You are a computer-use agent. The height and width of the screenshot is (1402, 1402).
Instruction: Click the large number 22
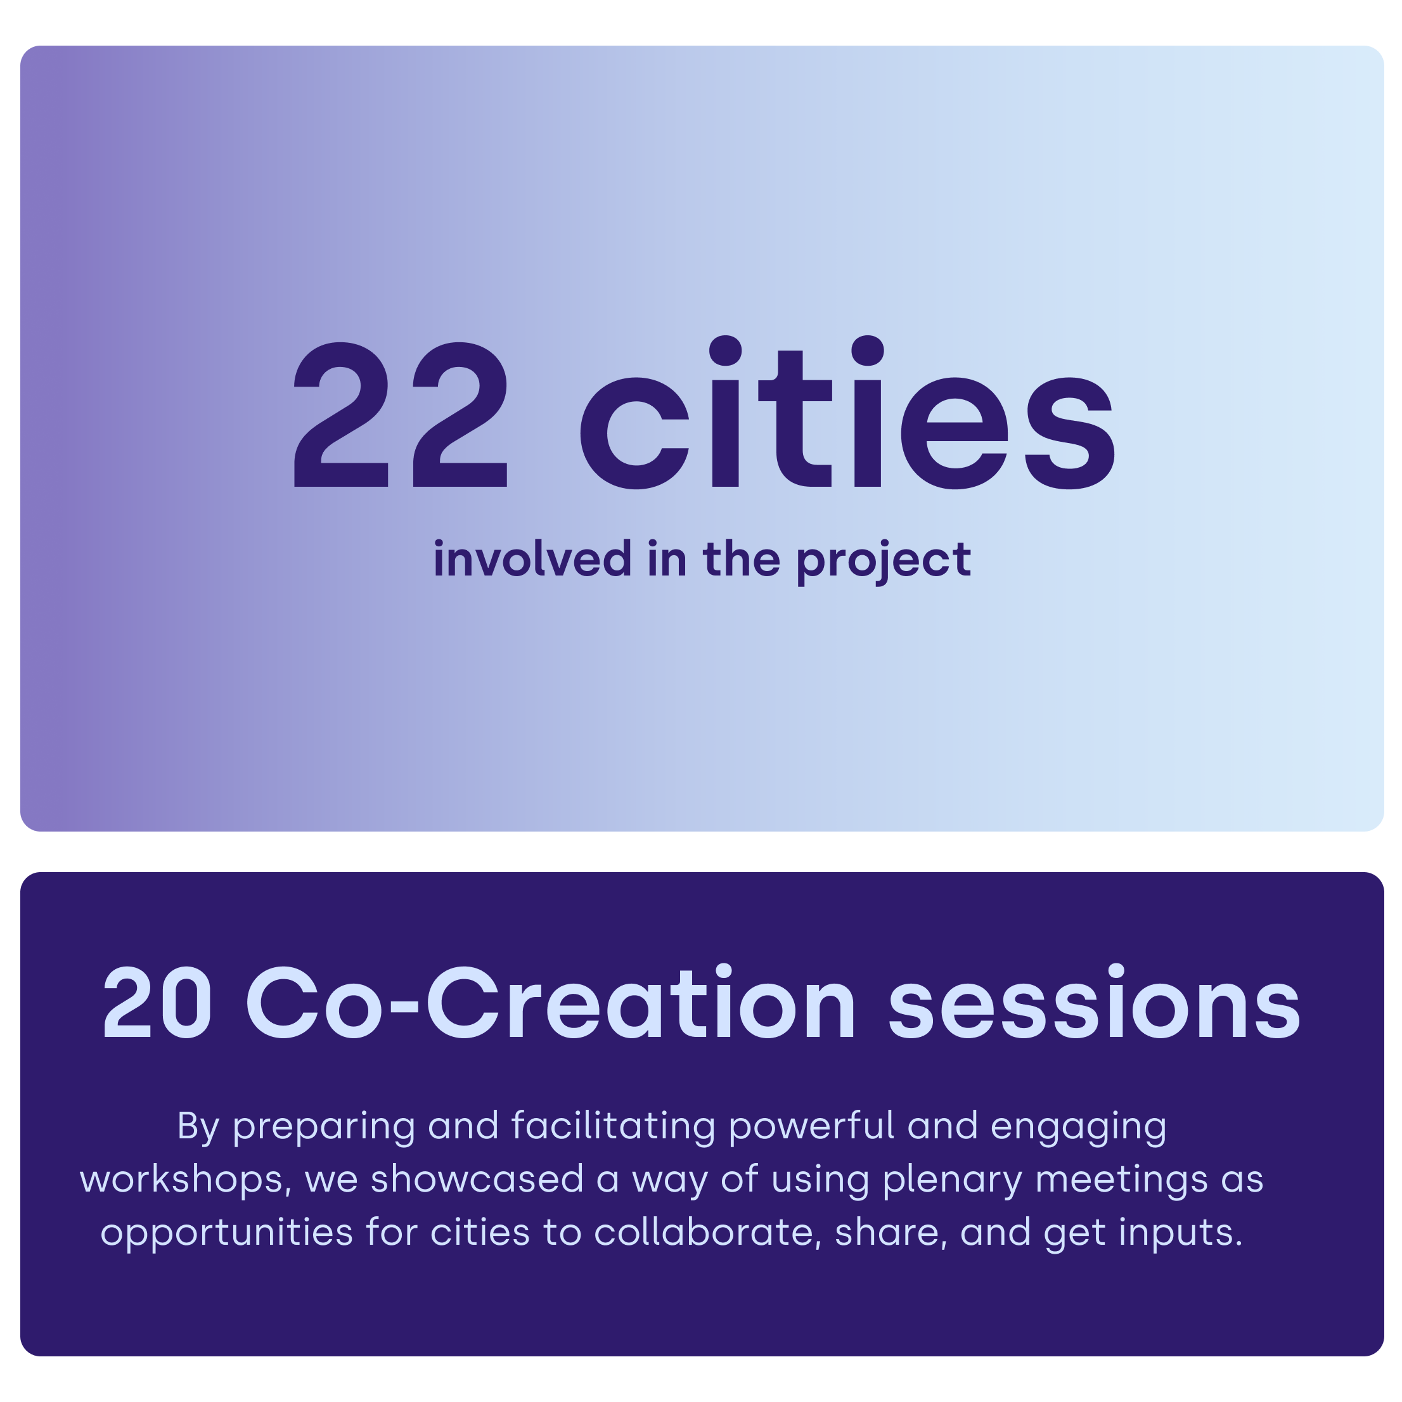point(401,415)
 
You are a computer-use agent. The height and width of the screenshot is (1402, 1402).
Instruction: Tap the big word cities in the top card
point(847,412)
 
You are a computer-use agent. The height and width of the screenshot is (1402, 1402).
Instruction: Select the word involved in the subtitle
point(532,559)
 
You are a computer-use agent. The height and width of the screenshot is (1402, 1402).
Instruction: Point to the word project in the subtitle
point(884,562)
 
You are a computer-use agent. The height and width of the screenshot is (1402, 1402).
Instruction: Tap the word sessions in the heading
point(1095,1002)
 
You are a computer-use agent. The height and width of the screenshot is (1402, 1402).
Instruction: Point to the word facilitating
point(614,1127)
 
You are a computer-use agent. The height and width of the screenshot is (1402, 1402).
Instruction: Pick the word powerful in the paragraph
point(811,1127)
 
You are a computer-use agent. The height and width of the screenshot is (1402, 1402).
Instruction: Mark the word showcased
point(477,1180)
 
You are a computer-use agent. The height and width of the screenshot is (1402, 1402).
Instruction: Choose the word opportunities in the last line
point(227,1233)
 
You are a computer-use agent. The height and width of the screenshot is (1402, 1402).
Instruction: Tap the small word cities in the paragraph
point(480,1232)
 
